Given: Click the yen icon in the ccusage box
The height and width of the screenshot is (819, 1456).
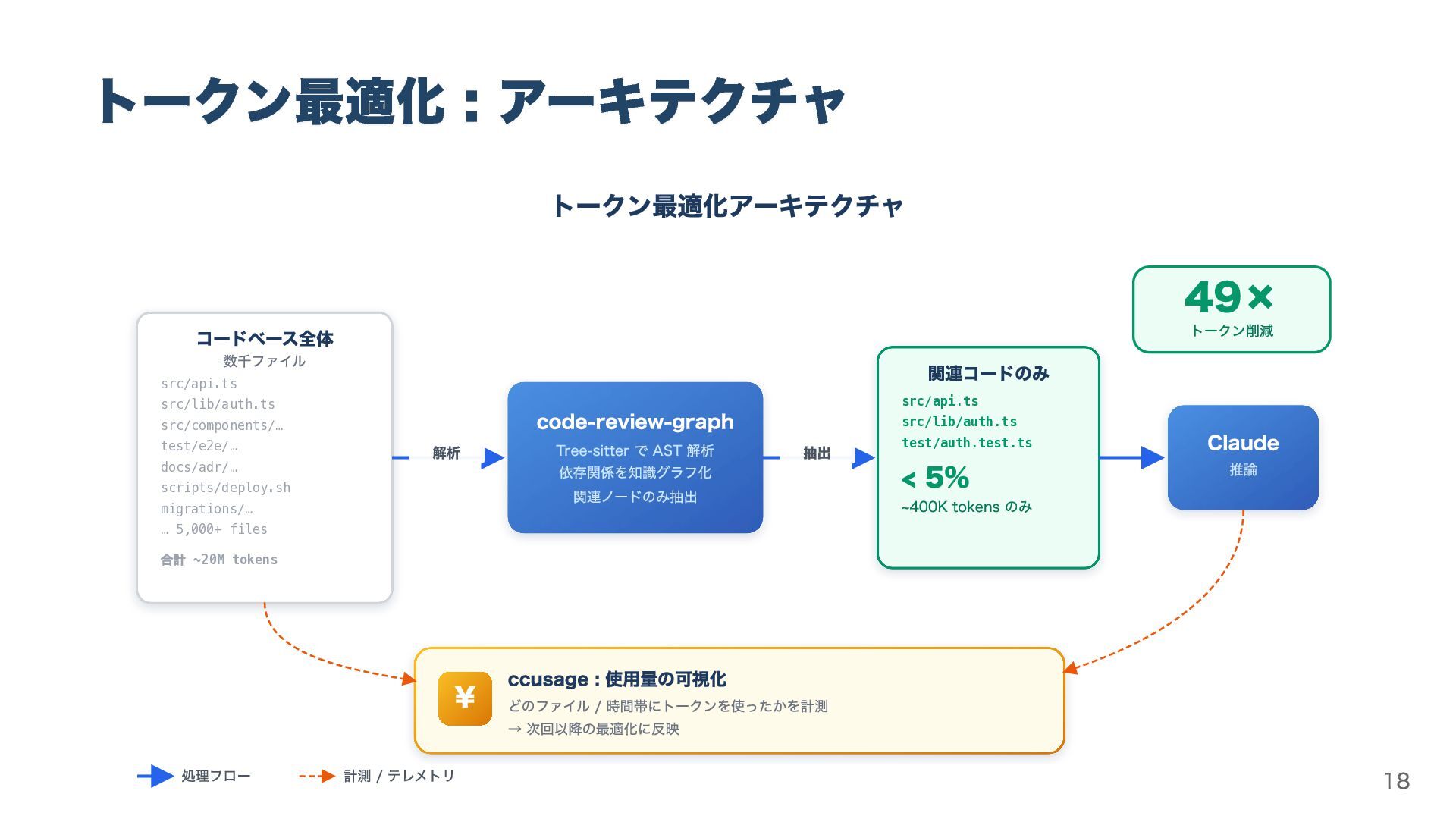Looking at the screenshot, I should [x=465, y=698].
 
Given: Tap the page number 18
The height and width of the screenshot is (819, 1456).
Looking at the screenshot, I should [x=1396, y=781].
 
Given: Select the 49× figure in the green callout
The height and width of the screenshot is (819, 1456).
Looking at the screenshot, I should [x=1228, y=297].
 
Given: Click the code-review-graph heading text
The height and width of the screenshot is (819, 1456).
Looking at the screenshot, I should [x=635, y=422].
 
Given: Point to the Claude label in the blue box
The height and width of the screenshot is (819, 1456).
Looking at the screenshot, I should [x=1242, y=443].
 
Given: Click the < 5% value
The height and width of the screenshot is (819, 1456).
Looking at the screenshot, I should [x=935, y=478].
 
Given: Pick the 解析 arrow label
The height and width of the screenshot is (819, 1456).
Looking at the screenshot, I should [x=446, y=453].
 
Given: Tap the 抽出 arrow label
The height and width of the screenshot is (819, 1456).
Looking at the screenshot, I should [x=817, y=453].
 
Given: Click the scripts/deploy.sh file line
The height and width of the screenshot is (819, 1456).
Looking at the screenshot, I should [x=225, y=488].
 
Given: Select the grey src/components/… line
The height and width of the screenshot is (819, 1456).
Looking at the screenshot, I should [x=221, y=425].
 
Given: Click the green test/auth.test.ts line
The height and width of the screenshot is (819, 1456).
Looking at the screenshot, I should [x=966, y=443].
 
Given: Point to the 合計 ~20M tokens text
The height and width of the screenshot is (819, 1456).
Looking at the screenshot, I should [x=218, y=560].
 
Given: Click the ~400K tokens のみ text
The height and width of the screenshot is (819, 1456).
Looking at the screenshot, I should [x=966, y=507].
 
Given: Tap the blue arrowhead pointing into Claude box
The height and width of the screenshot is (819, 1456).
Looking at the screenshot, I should [x=1152, y=457].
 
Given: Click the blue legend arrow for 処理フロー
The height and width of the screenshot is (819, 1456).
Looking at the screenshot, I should [x=155, y=776].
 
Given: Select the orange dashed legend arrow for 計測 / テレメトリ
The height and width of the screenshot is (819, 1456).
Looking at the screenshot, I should [x=317, y=776].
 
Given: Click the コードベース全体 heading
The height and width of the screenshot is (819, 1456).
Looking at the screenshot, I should [x=265, y=338].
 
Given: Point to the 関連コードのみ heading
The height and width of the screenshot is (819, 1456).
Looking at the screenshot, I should [x=988, y=373].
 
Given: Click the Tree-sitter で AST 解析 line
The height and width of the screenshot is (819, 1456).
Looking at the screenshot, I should [x=635, y=450].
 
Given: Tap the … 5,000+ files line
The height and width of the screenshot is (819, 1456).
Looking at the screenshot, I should [x=214, y=529].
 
